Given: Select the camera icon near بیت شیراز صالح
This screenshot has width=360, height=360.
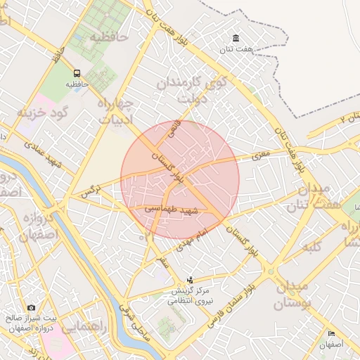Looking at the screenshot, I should (31, 308).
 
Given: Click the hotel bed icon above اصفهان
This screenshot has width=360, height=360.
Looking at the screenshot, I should (330, 333).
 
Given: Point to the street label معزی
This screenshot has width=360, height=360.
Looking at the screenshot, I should (252, 157).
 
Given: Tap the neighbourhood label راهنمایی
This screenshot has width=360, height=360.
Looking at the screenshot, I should (84, 328).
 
